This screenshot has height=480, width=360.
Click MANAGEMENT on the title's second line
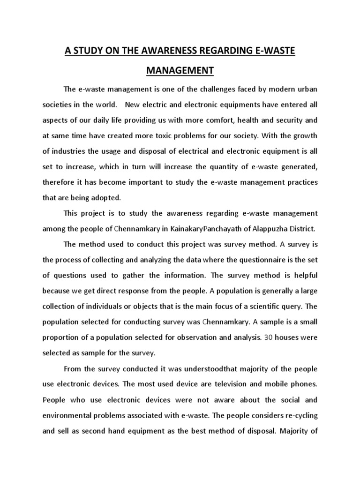click(180, 71)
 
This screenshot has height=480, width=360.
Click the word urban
click(307, 90)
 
